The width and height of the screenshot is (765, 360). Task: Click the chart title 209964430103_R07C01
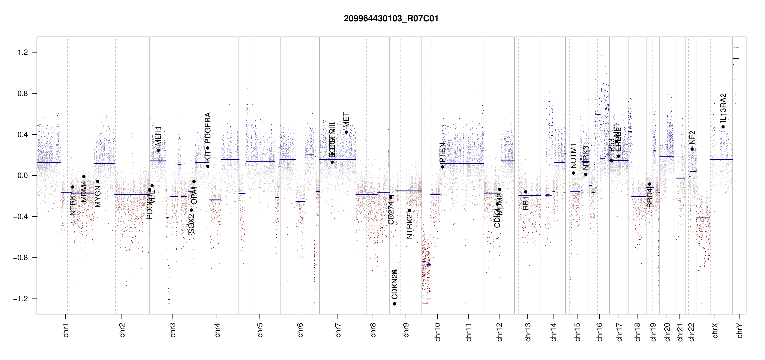pyautogui.click(x=391, y=19)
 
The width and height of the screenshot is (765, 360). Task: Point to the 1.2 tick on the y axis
pyautogui.click(x=23, y=52)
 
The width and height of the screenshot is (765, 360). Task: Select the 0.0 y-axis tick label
pyautogui.click(x=23, y=175)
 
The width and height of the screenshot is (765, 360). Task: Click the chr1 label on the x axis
pyautogui.click(x=66, y=330)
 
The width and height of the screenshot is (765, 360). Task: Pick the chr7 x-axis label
pyautogui.click(x=338, y=330)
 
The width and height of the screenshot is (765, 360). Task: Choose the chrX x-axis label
pyautogui.click(x=715, y=330)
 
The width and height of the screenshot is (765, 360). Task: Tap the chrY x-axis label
pyautogui.click(x=740, y=330)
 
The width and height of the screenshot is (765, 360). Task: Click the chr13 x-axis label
pyautogui.click(x=528, y=332)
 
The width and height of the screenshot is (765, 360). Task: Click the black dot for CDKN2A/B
pyautogui.click(x=394, y=304)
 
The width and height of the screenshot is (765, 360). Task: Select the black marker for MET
pyautogui.click(x=346, y=132)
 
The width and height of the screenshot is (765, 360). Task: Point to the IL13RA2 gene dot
pyautogui.click(x=723, y=127)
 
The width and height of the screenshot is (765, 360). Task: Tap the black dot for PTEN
pyautogui.click(x=442, y=167)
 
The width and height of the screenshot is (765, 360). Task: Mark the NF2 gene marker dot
pyautogui.click(x=692, y=149)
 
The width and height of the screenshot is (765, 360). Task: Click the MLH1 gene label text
pyautogui.click(x=158, y=136)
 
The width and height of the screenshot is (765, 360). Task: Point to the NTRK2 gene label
pyautogui.click(x=409, y=227)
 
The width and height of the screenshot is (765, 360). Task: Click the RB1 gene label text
pyautogui.click(x=526, y=203)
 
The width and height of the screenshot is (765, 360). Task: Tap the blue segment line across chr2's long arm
pyautogui.click(x=132, y=194)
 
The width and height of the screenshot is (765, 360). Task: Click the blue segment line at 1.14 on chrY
pyautogui.click(x=736, y=58)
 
